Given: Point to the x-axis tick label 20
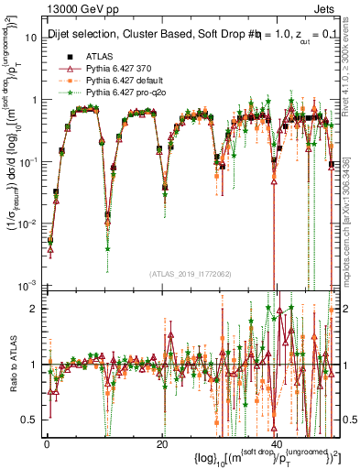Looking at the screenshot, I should coord(161,444).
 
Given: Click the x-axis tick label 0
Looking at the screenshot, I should coord(46,444).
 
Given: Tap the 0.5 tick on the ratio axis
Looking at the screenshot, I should coord(34,420).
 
